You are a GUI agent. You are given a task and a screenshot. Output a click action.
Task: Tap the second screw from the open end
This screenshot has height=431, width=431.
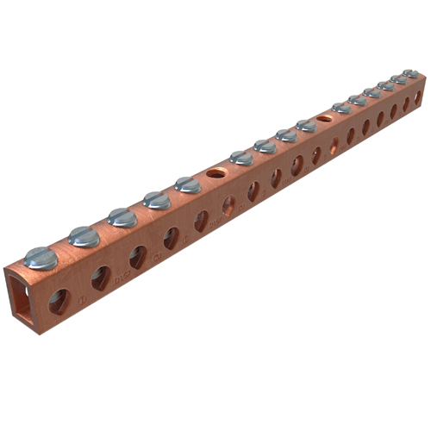84,235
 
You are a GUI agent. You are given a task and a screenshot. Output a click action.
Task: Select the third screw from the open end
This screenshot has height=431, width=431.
122,216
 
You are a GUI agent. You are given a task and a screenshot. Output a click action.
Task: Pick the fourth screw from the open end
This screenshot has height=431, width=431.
157,199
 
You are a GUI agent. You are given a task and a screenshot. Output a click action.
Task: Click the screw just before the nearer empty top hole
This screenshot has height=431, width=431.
187,184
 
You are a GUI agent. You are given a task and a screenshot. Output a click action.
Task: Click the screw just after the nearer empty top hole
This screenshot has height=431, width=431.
241,158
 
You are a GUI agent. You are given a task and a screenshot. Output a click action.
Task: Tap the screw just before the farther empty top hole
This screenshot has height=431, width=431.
306,125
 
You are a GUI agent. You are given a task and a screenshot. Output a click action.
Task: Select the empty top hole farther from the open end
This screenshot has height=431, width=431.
324,117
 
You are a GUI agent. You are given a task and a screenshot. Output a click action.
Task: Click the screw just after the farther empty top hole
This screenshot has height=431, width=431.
341,108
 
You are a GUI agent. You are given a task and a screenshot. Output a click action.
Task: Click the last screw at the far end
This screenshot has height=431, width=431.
409,74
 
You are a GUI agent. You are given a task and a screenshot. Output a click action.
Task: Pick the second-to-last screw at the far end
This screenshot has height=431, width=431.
397,79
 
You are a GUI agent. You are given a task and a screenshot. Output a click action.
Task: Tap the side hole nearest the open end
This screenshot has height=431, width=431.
59,299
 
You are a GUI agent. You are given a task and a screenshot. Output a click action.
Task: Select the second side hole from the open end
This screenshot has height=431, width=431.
101,276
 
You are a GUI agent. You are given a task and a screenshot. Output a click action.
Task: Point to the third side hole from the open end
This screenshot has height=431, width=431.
138,256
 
